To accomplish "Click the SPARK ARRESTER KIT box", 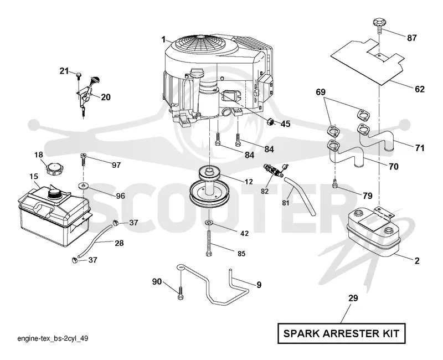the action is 341,333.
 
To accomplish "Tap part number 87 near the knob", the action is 411,38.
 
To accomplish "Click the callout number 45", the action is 285,124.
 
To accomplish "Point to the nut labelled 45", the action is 271,122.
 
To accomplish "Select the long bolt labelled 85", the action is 209,243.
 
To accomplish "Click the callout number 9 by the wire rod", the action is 259,285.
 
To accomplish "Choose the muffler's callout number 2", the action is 417,261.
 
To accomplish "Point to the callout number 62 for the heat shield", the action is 420,89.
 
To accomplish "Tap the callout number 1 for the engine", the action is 163,39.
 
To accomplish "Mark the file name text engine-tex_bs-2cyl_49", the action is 53,338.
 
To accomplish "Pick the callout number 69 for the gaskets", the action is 321,92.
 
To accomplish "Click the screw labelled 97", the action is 84,160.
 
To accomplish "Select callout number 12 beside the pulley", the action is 249,182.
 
